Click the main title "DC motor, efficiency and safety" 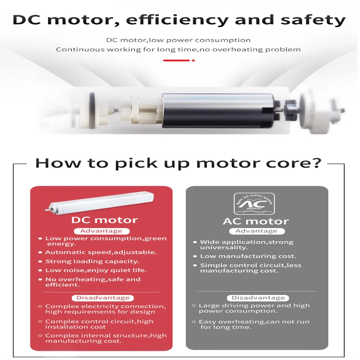(179, 20)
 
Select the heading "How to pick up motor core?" (178, 164)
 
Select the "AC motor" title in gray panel (256, 221)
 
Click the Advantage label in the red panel (101, 231)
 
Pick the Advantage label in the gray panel (256, 231)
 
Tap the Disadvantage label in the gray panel (258, 298)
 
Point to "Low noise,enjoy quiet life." (96, 270)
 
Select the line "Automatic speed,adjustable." (101, 252)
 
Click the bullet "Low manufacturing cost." (248, 256)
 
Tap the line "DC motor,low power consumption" (178, 40)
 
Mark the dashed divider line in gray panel (256, 291)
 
